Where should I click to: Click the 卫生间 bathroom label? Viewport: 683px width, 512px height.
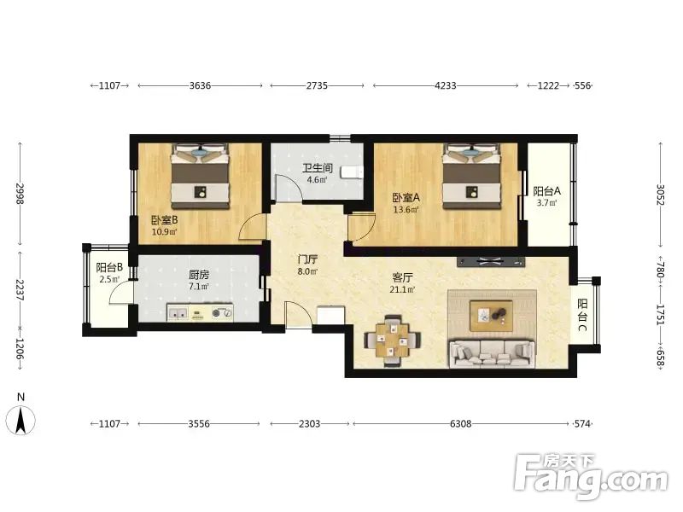318,168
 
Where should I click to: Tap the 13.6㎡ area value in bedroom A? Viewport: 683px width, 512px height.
406,210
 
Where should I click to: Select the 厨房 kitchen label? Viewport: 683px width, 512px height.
199,275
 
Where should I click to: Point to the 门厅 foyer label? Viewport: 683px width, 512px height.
307,260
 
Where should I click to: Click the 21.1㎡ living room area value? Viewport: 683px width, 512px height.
401,289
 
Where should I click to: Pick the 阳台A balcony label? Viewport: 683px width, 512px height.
546,191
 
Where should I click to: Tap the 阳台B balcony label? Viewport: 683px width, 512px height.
109,267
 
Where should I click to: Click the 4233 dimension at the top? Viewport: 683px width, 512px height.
446,85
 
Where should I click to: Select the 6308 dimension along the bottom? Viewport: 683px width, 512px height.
461,423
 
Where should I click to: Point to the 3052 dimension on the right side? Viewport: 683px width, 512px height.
661,195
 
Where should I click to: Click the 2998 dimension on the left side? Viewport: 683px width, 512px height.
20,194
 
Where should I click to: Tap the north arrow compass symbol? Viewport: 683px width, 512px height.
20,420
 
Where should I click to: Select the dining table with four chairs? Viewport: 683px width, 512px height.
393,339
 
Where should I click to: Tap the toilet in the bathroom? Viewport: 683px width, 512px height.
352,172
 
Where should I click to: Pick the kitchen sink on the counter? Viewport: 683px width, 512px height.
178,312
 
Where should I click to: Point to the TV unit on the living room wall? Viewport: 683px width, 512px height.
491,262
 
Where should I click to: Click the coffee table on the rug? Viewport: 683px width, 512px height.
491,316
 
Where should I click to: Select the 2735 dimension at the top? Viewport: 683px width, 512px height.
317,85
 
